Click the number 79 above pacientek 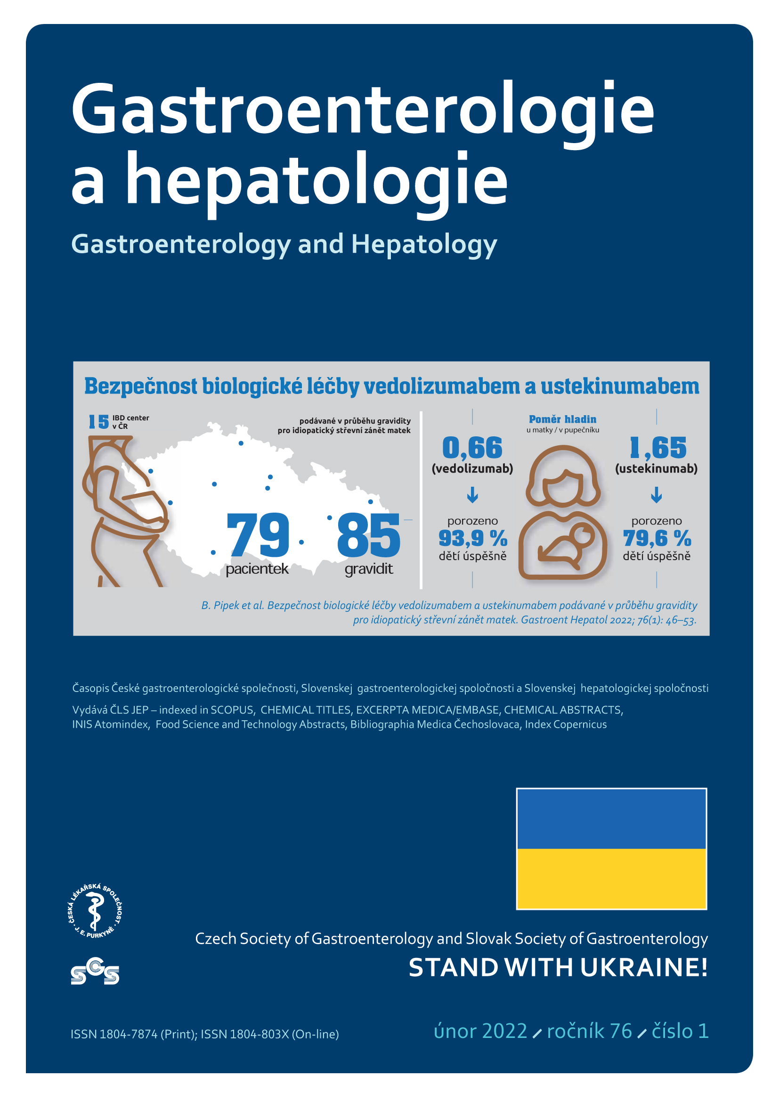258,534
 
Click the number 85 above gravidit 368,534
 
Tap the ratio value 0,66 472,448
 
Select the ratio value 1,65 657,448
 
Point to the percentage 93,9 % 472,538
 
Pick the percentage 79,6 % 657,538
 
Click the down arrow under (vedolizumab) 472,494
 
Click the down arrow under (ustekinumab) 656,494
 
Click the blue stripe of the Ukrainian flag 611,819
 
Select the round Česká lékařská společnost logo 95,911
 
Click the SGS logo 95,972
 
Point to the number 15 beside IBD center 99,421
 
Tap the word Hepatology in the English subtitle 424,244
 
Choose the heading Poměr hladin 562,419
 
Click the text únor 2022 480,1031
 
